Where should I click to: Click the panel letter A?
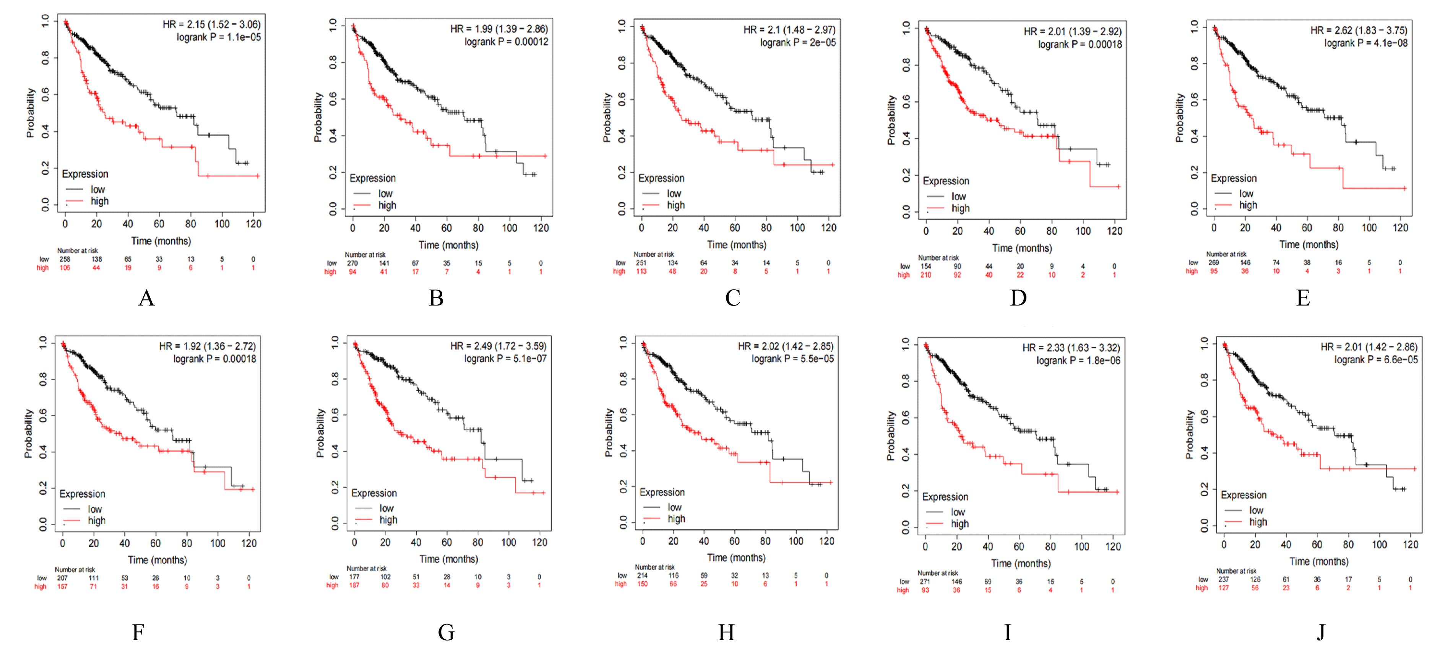pos(146,298)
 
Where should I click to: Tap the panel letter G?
pos(446,632)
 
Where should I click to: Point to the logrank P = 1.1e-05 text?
pos(218,37)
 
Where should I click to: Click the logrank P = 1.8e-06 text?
pos(1078,360)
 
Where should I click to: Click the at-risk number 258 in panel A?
pos(65,259)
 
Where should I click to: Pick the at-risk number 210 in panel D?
pos(925,275)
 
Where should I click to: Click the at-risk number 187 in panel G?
pos(354,585)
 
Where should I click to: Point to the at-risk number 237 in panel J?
pos(1223,579)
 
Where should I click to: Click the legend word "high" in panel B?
pos(387,205)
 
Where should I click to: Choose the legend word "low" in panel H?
pos(674,507)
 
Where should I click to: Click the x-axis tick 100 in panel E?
pos(1369,228)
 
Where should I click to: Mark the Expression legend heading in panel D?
pos(946,181)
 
